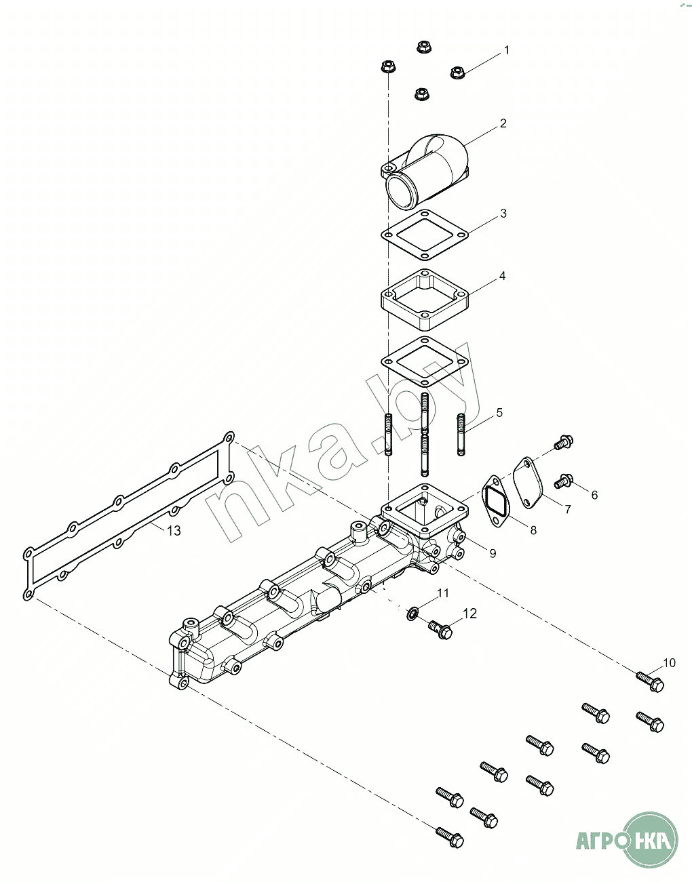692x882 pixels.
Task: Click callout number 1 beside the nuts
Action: pos(506,50)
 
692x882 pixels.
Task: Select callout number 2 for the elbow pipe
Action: pos(503,123)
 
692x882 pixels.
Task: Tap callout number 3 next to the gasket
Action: pos(503,214)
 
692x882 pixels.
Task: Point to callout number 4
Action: pos(502,276)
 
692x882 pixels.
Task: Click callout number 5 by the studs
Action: pos(499,413)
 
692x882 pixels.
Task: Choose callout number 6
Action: pos(594,495)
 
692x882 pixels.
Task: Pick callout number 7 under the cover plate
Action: pos(568,509)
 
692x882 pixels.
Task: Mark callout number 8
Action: pos(533,530)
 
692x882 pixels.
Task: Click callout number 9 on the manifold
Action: pos(493,553)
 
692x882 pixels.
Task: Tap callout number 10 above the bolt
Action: pos(669,663)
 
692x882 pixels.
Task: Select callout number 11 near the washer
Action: pos(442,593)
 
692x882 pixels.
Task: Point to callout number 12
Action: pos(469,614)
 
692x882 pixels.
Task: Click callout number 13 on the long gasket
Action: pos(174,531)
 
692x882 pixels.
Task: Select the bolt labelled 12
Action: pos(440,630)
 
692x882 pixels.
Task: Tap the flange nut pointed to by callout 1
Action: pos(458,73)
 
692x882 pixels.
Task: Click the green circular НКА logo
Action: pos(650,839)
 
